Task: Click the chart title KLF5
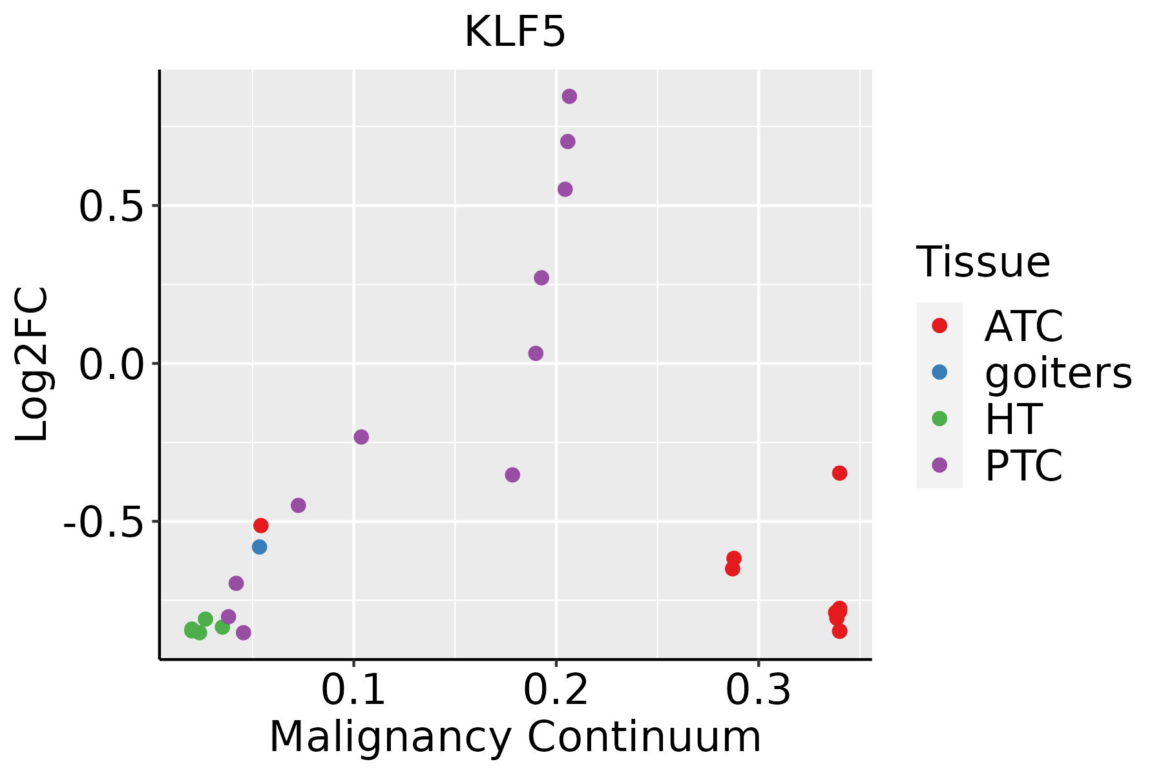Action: (x=515, y=32)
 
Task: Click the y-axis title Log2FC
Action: (x=32, y=364)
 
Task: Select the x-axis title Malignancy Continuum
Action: (x=515, y=737)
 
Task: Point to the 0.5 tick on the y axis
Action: (x=110, y=207)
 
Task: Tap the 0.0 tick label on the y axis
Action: (x=110, y=364)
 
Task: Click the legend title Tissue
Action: (x=983, y=262)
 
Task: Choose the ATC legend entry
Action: (x=1023, y=326)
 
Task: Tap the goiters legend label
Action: (x=1058, y=373)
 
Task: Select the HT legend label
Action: (x=1012, y=419)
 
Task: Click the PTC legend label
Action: (x=1023, y=466)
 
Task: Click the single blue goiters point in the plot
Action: (x=259, y=547)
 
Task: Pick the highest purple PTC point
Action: (x=569, y=96)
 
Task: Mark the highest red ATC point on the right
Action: (x=839, y=473)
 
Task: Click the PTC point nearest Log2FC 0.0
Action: (x=536, y=353)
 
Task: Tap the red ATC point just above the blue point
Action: (x=261, y=526)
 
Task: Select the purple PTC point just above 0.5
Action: (x=565, y=189)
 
